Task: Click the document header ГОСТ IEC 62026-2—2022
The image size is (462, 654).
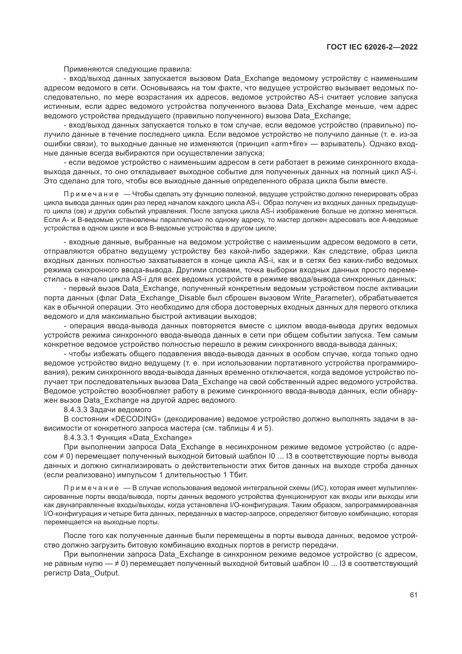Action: pos(372,47)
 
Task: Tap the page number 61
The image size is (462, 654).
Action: pos(413,595)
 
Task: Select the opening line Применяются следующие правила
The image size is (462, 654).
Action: pos(128,69)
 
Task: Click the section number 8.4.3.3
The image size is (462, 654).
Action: pos(75,410)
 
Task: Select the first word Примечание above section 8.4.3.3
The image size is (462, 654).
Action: pos(91,194)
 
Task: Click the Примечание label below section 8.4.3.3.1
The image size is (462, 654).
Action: pos(91,488)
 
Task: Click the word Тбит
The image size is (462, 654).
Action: pos(238,475)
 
